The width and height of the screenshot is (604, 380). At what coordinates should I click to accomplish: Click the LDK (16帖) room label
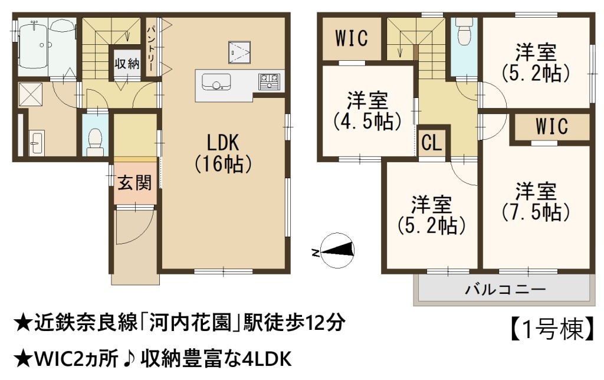pos(223,153)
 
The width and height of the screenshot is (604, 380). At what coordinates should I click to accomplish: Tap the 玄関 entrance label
pos(135,183)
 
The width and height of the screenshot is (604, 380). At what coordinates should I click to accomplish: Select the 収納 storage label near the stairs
pos(127,64)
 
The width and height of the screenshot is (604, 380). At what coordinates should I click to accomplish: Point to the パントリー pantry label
pos(152,48)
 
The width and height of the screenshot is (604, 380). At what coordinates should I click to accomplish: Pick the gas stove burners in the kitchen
pos(269,81)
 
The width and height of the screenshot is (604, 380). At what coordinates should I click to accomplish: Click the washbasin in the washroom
pos(37,143)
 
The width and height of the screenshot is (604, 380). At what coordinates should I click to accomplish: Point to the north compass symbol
pos(337,251)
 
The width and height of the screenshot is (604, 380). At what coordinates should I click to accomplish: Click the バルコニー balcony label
pos(505,289)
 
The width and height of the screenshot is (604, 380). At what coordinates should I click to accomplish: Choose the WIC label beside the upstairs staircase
pos(352,38)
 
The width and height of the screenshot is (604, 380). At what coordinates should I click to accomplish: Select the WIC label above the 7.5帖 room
pos(552,126)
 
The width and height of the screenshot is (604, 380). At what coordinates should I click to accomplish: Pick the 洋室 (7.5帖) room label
pos(536,202)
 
